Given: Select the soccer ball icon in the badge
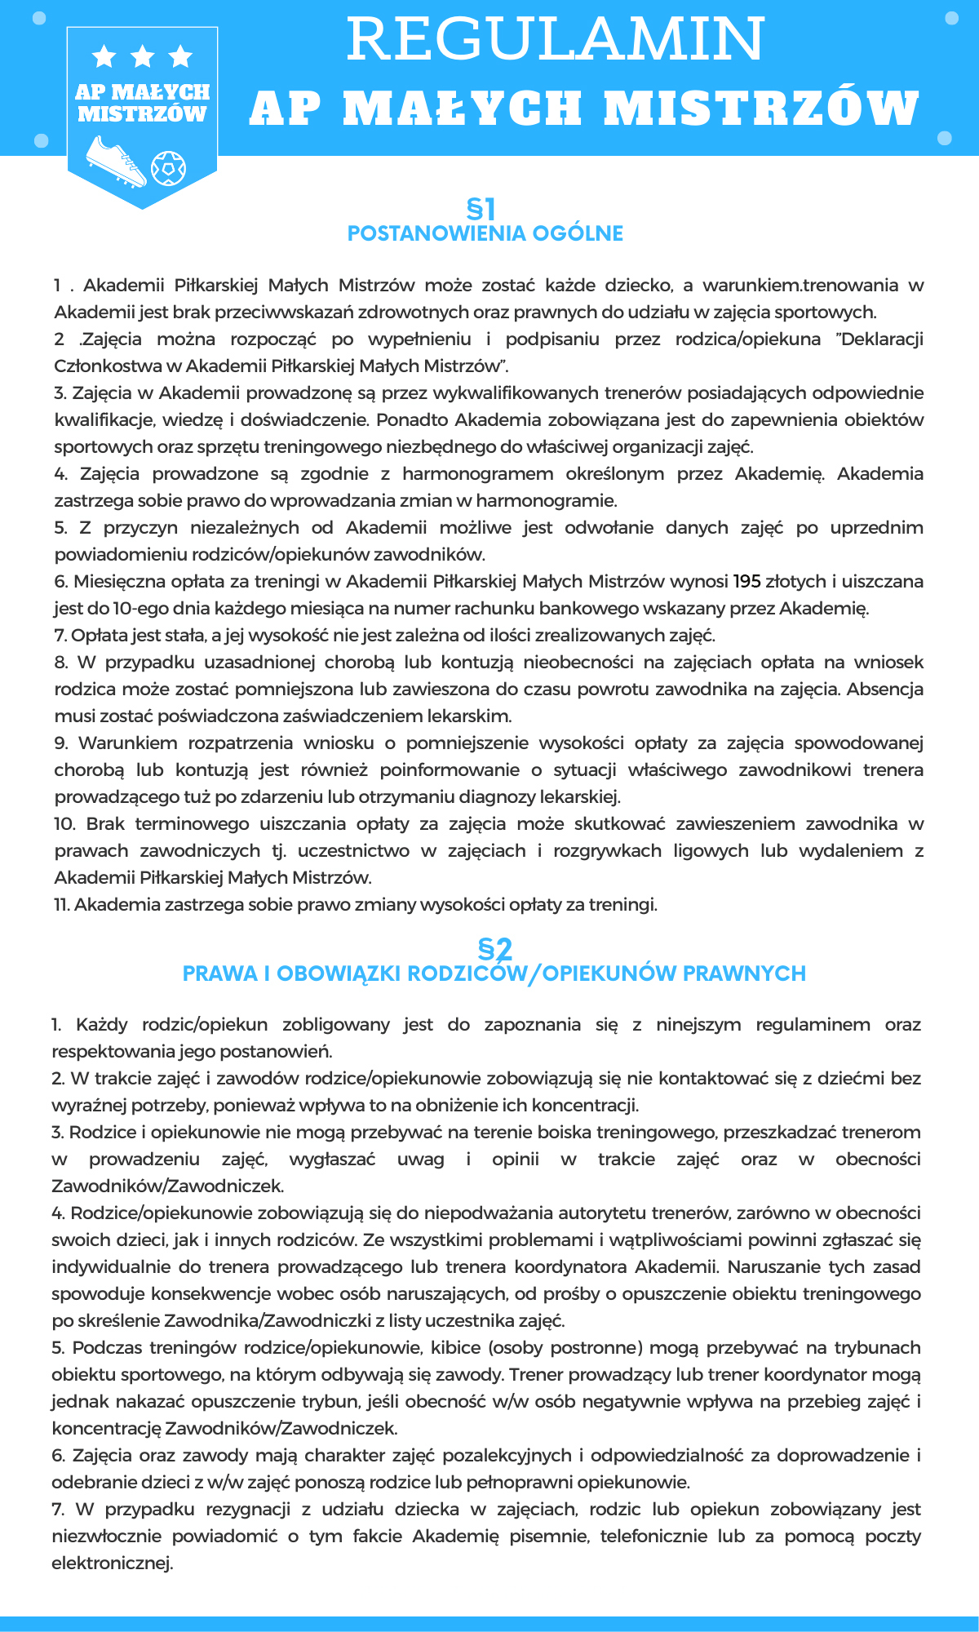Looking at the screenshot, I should tap(168, 167).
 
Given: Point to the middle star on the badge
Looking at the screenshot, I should tap(143, 56).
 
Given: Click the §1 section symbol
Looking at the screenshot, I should tap(481, 209).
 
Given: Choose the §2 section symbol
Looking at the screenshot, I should tap(494, 949).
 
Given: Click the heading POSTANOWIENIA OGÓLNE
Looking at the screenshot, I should tap(485, 233).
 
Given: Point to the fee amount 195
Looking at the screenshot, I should tap(746, 582).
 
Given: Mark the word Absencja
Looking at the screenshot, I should tap(884, 690).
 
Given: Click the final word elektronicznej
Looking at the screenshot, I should tap(113, 1564).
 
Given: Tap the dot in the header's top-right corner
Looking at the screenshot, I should tap(951, 18).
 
